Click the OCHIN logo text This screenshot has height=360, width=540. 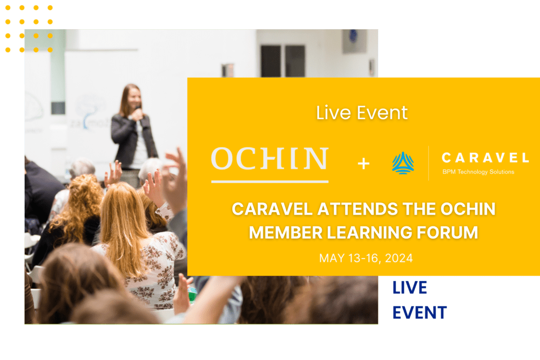(x=269, y=159)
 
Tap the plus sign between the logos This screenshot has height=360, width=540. (x=363, y=164)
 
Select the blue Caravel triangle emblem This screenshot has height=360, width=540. (x=403, y=163)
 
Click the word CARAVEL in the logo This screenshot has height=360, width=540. (x=485, y=158)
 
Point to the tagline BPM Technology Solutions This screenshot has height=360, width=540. (x=478, y=172)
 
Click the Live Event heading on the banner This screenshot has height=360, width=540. (x=362, y=113)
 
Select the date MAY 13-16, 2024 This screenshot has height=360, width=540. (x=366, y=258)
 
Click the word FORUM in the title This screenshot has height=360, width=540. (x=447, y=233)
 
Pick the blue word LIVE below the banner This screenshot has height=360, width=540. (x=410, y=288)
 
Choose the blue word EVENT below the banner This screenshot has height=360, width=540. (x=420, y=313)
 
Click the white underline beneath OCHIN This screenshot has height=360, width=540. (x=269, y=181)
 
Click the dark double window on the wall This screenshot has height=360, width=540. (x=283, y=61)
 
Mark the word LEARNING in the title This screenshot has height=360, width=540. (x=369, y=233)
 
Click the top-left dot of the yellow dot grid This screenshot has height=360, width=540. (x=8, y=8)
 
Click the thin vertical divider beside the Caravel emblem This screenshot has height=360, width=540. (x=428, y=163)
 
